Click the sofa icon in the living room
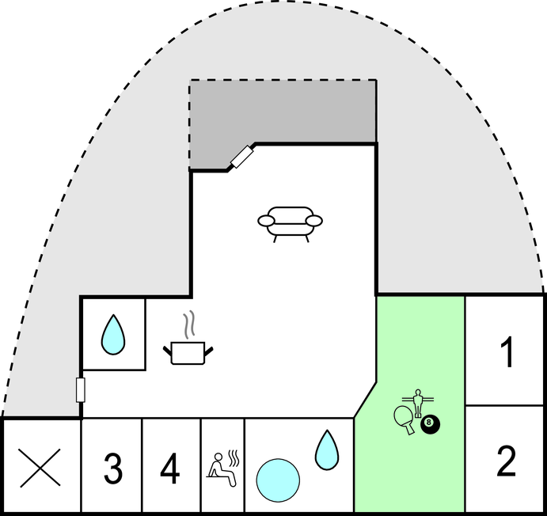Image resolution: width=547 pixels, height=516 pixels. pyautogui.click(x=290, y=224)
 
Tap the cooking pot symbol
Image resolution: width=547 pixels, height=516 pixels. pyautogui.click(x=188, y=353)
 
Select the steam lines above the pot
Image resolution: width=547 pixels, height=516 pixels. pyautogui.click(x=189, y=325)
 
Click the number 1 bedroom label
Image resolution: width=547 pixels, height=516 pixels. pyautogui.click(x=507, y=352)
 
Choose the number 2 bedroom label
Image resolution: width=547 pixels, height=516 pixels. pyautogui.click(x=506, y=461)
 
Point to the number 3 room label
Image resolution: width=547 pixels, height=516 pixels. pyautogui.click(x=113, y=469)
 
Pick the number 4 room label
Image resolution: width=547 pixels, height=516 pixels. pyautogui.click(x=170, y=469)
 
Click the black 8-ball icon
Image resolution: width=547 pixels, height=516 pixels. pyautogui.click(x=430, y=424)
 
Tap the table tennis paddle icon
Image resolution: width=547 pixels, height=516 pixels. pyautogui.click(x=405, y=419)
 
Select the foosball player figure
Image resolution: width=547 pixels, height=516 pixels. pyautogui.click(x=418, y=403)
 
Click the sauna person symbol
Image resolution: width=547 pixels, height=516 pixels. pyautogui.click(x=221, y=469)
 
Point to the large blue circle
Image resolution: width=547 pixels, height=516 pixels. pyautogui.click(x=278, y=480)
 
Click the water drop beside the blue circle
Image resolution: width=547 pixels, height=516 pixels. pyautogui.click(x=326, y=450)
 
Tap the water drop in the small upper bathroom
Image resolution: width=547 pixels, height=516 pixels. pyautogui.click(x=113, y=335)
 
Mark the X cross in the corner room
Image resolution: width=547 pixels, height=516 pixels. pyautogui.click(x=40, y=468)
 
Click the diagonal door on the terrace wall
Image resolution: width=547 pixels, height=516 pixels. pyautogui.click(x=241, y=157)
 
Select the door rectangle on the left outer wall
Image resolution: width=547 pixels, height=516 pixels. pyautogui.click(x=81, y=390)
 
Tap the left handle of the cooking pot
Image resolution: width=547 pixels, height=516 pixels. pyautogui.click(x=168, y=351)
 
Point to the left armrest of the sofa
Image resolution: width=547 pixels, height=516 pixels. pyautogui.click(x=267, y=221)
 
